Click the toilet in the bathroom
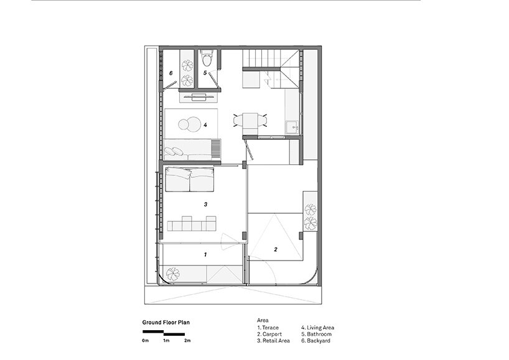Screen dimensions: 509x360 pos(206,58)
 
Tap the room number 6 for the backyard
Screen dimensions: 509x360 pos(171,73)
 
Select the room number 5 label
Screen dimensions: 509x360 pos(205,73)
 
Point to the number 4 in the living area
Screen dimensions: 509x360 pos(205,124)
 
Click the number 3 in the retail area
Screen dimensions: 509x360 pos(205,205)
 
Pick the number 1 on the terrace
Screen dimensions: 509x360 pos(205,254)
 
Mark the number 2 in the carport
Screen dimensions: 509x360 pos(276,249)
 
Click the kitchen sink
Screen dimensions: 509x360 pos(292,127)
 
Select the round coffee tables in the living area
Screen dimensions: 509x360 pos(190,124)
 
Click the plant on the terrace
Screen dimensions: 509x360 pos(173,274)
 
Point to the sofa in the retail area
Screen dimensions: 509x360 pos(190,179)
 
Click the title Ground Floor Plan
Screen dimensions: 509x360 pos(166,322)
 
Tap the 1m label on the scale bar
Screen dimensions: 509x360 pos(166,341)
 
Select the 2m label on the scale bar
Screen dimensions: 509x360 pos(187,341)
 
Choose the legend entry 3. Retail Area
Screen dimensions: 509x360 pos(273,341)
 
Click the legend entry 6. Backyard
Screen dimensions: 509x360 pos(316,341)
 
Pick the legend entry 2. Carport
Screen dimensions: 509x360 pos(269,335)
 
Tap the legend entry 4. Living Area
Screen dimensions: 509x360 pos(317,328)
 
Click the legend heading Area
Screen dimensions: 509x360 pos(263,320)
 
